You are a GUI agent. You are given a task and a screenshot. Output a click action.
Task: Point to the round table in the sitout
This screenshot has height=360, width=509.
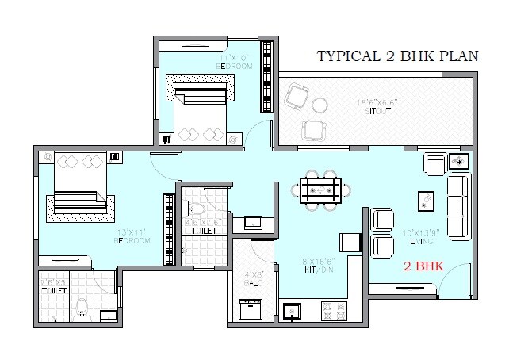pos(320,104)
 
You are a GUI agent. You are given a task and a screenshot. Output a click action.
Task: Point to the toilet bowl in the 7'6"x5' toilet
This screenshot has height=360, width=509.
pos(78,306)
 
